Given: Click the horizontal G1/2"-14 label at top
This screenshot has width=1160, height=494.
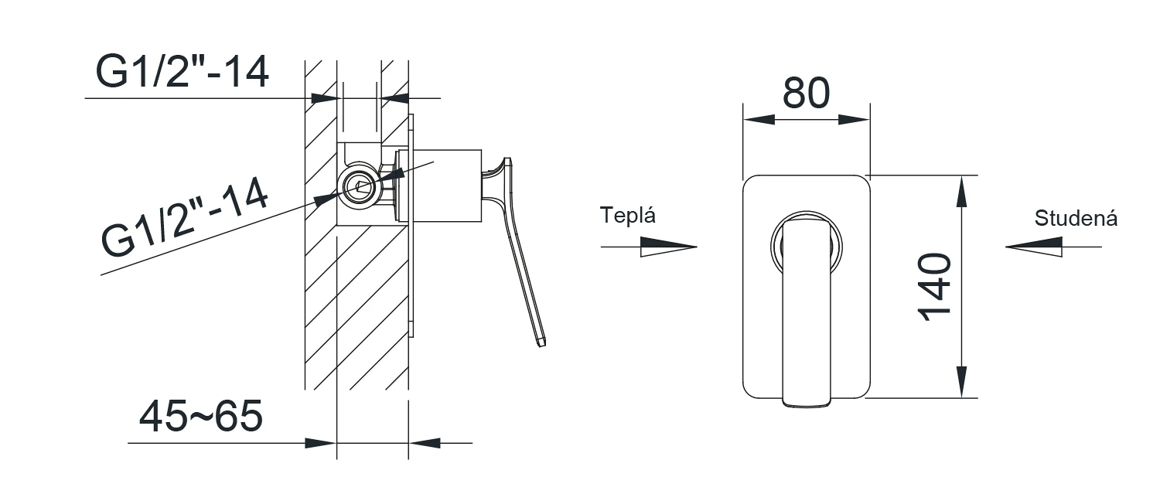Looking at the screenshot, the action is click(183, 71).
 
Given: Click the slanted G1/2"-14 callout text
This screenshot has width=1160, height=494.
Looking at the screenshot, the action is click(185, 217).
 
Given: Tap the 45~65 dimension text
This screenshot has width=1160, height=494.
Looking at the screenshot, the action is click(201, 416).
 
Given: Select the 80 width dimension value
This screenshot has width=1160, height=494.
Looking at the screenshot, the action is click(806, 94).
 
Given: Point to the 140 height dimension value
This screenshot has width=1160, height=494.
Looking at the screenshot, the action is click(935, 287).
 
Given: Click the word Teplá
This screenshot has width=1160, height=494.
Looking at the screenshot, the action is click(628, 216).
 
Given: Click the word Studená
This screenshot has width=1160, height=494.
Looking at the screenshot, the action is click(1076, 219).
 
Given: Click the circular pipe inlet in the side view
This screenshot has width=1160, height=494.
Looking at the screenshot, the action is click(358, 187).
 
